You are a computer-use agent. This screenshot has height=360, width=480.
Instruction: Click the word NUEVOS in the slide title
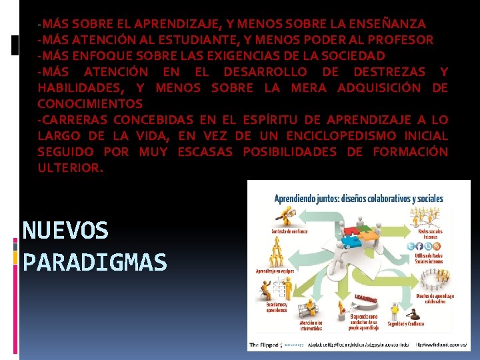[x=65, y=231]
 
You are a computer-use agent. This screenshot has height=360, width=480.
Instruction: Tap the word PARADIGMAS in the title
[x=95, y=263]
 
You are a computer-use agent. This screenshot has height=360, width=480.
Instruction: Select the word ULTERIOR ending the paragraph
[x=70, y=168]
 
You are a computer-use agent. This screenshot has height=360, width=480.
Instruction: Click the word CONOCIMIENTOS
[x=90, y=104]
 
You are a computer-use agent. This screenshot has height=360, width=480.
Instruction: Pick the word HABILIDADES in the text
[x=80, y=88]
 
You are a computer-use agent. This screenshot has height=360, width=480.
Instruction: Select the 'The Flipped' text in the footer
[x=264, y=345]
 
